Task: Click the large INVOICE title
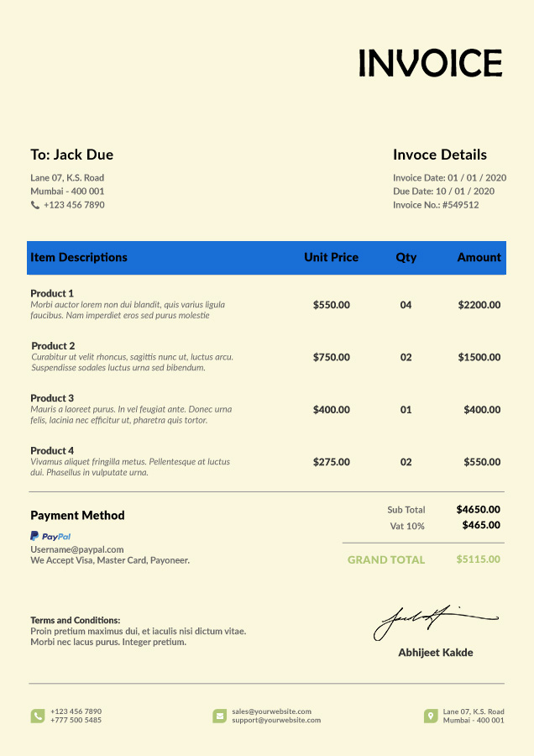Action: (x=430, y=63)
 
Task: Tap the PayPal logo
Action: (x=50, y=536)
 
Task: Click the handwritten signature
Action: (x=435, y=622)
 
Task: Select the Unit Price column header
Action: (x=331, y=257)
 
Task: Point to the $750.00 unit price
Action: (x=331, y=357)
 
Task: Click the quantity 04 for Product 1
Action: (x=406, y=305)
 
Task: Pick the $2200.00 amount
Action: (x=479, y=305)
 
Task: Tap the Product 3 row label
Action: (x=52, y=398)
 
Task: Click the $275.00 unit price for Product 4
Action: (x=331, y=462)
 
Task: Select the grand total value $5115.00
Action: (x=478, y=559)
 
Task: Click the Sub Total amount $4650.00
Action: (x=478, y=509)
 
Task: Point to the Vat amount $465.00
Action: (x=481, y=525)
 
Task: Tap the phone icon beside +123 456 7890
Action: (x=35, y=205)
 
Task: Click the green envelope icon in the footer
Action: (x=220, y=716)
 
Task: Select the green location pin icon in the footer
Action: (x=431, y=716)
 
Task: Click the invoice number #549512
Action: (x=460, y=205)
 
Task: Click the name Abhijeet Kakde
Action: (x=435, y=653)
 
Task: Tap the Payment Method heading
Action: (x=77, y=516)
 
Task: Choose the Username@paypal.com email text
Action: (x=77, y=549)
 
